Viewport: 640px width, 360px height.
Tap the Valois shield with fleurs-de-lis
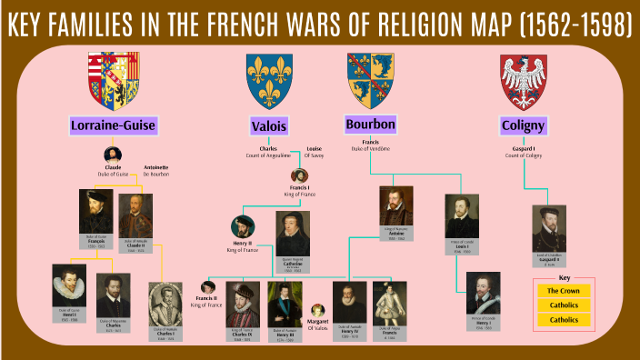(268, 79)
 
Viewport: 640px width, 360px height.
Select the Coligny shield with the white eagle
(523, 79)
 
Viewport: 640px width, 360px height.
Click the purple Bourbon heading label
(370, 123)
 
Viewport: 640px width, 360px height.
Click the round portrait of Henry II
(243, 226)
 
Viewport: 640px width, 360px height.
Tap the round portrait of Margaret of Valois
(318, 312)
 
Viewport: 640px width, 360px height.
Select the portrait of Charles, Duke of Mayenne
(114, 295)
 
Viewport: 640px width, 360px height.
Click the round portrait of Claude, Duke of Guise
(113, 155)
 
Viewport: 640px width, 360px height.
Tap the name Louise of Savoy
(314, 152)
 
